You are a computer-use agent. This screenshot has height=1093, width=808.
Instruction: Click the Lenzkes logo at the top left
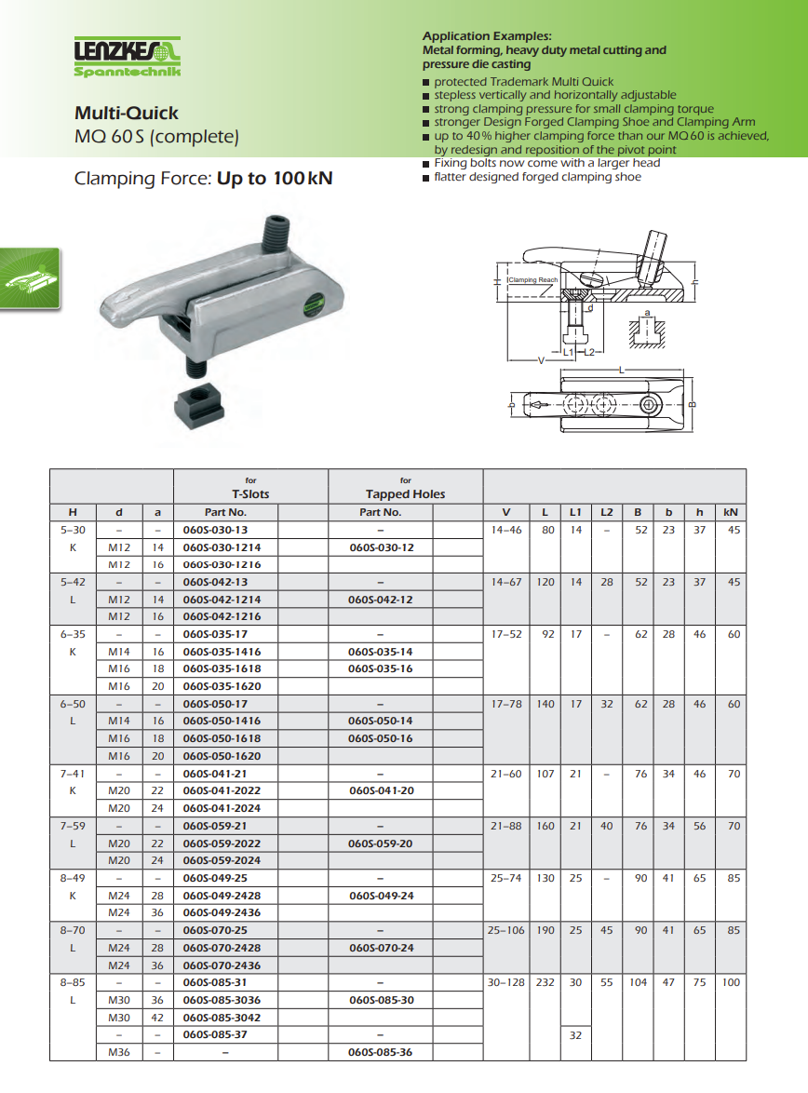[x=128, y=57]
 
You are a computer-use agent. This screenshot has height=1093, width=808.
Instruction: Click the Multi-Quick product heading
[x=127, y=113]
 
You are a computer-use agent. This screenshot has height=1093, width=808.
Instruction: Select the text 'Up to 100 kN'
[x=275, y=178]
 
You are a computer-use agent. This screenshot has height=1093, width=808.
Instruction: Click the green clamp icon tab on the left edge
[x=29, y=277]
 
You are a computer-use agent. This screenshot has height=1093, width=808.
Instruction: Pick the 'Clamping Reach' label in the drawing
[x=533, y=279]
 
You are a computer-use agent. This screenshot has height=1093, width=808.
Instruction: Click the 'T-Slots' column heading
[x=250, y=494]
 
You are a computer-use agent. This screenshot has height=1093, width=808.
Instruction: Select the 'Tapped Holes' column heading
[x=405, y=494]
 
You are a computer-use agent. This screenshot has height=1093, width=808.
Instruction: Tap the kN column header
[x=731, y=512]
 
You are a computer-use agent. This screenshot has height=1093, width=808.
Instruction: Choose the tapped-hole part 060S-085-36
[x=380, y=1052]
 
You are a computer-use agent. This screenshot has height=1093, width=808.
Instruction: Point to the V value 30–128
[x=506, y=982]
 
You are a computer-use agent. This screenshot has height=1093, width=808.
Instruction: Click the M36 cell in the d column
[x=119, y=1052]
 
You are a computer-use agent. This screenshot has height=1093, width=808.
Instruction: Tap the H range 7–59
[x=72, y=826]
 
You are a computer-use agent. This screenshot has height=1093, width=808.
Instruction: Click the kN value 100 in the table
[x=731, y=982]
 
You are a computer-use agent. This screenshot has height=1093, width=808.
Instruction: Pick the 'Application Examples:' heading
[x=487, y=36]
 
